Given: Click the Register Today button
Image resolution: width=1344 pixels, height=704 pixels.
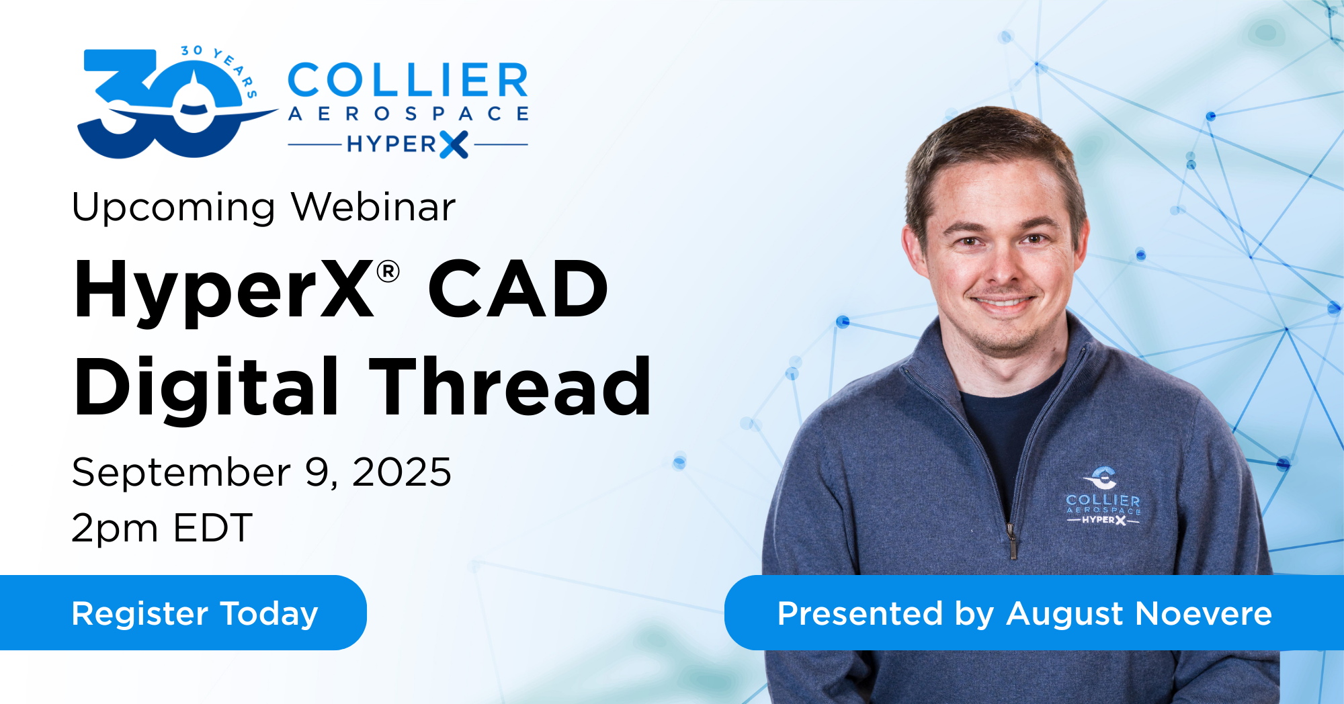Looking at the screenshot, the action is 183,613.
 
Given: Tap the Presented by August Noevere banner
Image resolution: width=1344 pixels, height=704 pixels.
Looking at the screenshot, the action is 1034,613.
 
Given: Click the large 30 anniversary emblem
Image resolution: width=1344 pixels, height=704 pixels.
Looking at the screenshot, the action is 168,104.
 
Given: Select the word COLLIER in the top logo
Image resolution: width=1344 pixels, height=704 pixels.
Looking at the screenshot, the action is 408,81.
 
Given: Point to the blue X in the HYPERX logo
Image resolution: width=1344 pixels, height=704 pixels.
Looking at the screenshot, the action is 454,144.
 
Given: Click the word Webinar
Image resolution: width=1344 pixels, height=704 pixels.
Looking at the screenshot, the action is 374,207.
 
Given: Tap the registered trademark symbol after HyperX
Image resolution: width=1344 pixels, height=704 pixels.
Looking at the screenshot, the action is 388,272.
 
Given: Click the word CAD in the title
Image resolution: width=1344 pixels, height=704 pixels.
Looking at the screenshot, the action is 518,289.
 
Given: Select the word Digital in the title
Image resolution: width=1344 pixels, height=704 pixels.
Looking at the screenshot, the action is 207,388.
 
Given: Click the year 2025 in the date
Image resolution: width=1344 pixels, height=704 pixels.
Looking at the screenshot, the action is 402,472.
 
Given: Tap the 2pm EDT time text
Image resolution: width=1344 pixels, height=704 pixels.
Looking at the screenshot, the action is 162,528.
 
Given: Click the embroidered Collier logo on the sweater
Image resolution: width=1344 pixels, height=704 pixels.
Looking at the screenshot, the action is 1103,496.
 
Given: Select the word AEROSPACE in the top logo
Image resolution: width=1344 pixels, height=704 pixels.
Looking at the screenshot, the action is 408,114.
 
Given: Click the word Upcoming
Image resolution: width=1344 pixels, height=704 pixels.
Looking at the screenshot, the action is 173,208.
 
